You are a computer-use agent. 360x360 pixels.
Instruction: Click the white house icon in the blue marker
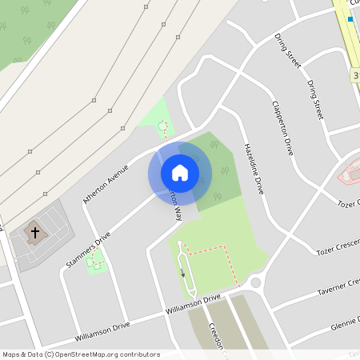(180, 172)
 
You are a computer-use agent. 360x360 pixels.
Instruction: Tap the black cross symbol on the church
(34, 233)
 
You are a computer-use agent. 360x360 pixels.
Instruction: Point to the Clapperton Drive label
(282, 127)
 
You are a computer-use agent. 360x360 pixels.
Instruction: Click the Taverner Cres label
(338, 286)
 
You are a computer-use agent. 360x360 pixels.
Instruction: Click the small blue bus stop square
(350, 18)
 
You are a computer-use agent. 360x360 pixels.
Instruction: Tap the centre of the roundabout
(257, 282)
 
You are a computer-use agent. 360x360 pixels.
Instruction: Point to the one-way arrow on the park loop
(183, 273)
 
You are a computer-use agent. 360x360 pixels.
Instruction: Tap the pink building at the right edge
(350, 172)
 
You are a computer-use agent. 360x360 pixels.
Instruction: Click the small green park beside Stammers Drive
(96, 261)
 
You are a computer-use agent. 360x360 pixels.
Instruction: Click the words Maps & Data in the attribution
(18, 354)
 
